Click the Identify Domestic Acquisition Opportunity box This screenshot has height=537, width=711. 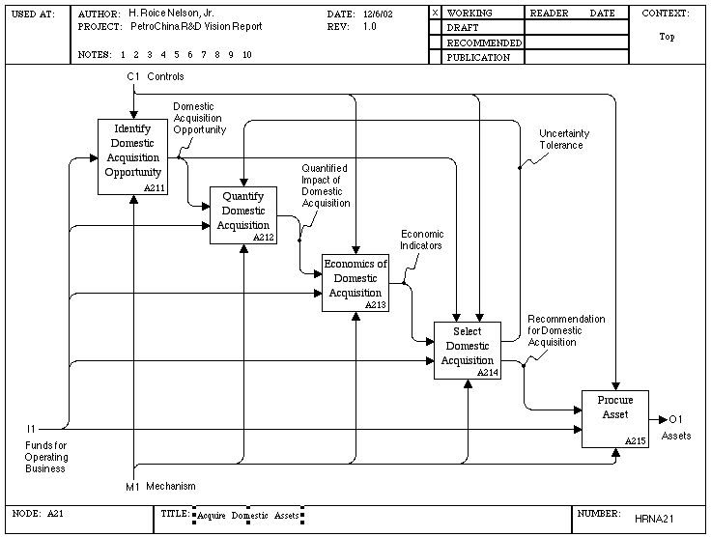tap(133, 156)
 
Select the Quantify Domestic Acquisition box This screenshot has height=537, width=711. tap(243, 215)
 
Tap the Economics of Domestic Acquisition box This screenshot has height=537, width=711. tap(355, 283)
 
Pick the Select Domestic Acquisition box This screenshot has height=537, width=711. tap(468, 351)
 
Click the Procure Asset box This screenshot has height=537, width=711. tap(615, 419)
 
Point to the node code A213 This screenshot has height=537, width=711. tap(376, 305)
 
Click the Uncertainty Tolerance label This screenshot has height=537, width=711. tap(564, 139)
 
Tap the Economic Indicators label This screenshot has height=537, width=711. tap(421, 240)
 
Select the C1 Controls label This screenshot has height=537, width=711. tap(156, 76)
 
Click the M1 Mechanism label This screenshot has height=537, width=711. tap(160, 486)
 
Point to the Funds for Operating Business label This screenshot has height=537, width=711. tap(46, 457)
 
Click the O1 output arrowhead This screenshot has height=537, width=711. tap(664, 419)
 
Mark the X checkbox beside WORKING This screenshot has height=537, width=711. tap(435, 13)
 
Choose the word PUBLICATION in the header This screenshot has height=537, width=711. tap(478, 58)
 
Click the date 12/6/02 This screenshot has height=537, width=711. tap(378, 14)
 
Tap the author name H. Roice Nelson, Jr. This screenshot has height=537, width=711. tap(171, 14)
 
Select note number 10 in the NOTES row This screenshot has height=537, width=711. tap(246, 55)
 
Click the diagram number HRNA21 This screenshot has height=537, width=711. tap(654, 519)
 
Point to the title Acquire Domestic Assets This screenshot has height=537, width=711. tap(248, 516)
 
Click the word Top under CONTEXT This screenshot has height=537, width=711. tap(667, 37)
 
